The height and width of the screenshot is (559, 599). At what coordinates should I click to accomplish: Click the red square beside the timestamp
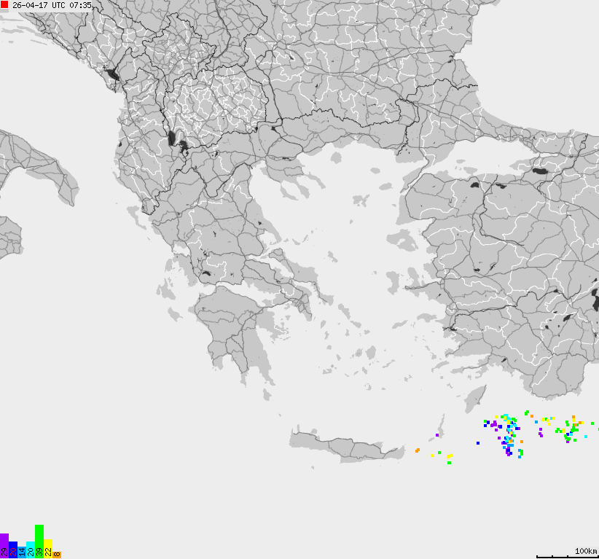point(4,5)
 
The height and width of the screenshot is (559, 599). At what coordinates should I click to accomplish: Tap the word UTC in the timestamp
point(58,5)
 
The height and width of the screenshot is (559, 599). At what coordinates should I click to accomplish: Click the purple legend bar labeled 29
point(4,546)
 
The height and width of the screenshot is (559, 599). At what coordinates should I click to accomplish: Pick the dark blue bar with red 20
point(12,550)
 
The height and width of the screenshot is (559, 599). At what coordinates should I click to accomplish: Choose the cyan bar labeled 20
point(30,550)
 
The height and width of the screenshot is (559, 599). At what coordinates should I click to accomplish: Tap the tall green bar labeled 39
point(39,541)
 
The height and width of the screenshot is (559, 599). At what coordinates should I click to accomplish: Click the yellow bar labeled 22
point(47,548)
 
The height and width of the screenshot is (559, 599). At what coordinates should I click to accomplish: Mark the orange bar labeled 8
point(56,555)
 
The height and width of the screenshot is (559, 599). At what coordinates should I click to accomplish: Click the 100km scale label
point(585,550)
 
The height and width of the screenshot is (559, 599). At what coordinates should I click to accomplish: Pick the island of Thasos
point(336,157)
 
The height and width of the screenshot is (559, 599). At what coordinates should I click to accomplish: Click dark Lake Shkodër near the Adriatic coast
point(111,74)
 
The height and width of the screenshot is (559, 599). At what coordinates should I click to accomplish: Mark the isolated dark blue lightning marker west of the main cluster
point(478,442)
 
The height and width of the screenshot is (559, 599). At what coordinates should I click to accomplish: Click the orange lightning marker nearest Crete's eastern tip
point(417,450)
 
